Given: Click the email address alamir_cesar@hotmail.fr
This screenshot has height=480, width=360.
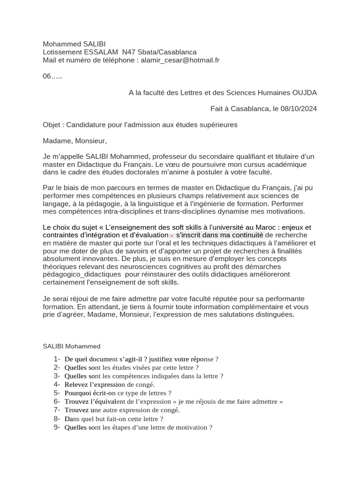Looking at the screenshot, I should (180, 60).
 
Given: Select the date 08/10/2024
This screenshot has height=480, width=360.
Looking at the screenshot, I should (299, 109).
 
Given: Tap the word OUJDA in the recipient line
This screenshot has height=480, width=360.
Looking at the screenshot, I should (305, 93).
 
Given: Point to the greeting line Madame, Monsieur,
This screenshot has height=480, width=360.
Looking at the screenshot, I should (75, 141).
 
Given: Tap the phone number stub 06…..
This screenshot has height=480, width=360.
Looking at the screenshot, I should (52, 76).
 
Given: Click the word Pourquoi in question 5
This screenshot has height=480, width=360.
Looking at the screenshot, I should (79, 393).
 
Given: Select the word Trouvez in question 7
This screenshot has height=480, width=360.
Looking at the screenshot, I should (77, 410).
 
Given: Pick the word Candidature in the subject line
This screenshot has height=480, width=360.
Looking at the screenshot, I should (87, 125).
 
